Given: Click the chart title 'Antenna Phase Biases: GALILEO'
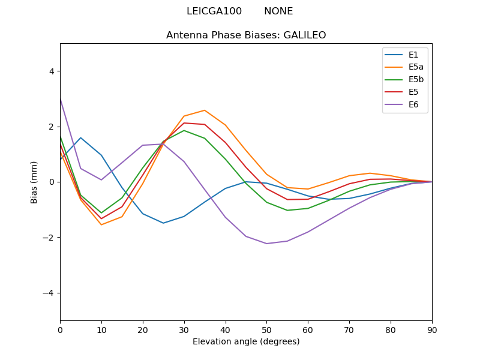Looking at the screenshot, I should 246,35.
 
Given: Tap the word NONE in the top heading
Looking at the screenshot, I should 278,11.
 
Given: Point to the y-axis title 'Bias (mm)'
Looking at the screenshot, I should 34,182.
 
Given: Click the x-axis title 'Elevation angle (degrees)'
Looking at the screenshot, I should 246,342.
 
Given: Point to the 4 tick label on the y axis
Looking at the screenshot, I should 51,71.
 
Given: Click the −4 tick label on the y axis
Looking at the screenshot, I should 49,293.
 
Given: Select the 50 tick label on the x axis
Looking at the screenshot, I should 266,329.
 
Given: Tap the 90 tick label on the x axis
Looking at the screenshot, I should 432,329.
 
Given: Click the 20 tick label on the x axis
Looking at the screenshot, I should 143,329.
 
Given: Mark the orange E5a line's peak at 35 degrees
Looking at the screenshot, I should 205,110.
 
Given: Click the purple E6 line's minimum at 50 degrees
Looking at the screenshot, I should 266,244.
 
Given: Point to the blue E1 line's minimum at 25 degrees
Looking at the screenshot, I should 163,223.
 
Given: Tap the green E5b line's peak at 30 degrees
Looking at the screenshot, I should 184,130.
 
